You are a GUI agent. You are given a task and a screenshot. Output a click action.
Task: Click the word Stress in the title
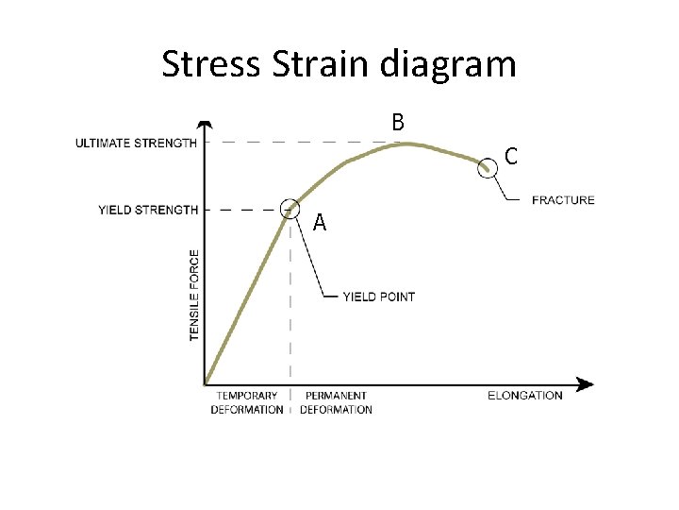tap(209, 64)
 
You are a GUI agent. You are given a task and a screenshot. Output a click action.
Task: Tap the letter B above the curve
tap(398, 122)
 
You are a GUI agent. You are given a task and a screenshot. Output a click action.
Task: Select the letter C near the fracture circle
tap(510, 156)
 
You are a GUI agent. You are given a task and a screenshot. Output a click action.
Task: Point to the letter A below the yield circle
tap(320, 223)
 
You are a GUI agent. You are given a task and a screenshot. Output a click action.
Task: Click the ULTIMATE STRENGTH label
tap(137, 143)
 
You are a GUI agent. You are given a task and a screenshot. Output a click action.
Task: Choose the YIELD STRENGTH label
tap(148, 210)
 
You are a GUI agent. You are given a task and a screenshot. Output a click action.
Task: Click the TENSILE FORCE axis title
tap(194, 295)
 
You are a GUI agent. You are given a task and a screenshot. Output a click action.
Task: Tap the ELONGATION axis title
tap(525, 396)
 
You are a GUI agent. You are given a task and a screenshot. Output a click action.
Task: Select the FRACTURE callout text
tap(563, 200)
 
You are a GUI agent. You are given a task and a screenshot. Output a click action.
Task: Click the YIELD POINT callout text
tap(378, 297)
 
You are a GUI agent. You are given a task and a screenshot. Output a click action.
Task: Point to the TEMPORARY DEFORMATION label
tap(247, 402)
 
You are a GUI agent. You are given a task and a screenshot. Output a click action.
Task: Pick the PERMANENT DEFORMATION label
tap(337, 402)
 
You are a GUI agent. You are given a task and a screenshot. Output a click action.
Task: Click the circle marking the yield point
tap(290, 209)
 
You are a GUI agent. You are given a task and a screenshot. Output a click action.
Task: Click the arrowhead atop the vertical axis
tap(206, 125)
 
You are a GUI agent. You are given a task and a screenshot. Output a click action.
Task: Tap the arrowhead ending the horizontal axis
tap(586, 384)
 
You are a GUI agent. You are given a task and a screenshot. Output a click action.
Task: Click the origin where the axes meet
tap(206, 384)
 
